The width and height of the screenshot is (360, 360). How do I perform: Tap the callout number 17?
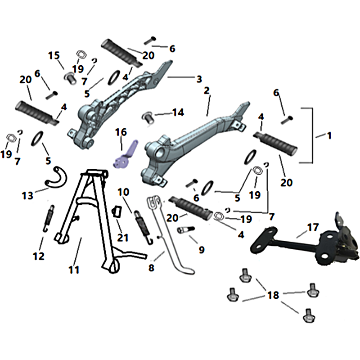click(313, 227)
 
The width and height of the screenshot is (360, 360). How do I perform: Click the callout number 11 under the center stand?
click(74, 270)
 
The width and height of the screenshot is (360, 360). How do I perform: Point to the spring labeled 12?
click(49, 218)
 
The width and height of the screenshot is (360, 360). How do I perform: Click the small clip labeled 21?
click(117, 211)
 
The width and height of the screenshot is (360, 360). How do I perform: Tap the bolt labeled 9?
click(186, 229)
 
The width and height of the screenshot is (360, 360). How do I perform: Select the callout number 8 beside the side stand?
click(151, 268)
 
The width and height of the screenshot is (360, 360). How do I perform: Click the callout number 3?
click(199, 79)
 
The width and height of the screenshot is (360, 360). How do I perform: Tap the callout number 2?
click(207, 90)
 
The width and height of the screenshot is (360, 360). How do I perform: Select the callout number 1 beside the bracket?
click(329, 135)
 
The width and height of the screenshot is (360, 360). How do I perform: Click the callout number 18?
click(273, 295)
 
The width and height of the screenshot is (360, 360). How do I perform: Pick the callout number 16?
click(121, 132)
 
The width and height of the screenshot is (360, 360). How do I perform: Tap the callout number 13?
click(27, 196)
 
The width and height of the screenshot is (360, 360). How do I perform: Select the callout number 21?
click(122, 238)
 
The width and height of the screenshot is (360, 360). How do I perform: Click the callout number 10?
click(123, 192)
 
